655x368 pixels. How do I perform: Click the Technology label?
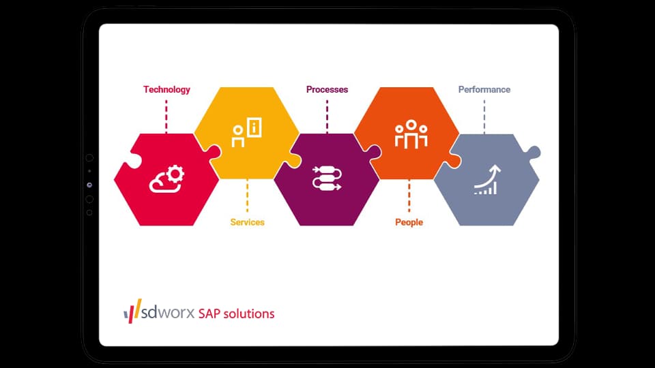click(166, 89)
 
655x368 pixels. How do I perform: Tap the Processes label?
click(327, 89)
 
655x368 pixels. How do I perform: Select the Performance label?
click(484, 89)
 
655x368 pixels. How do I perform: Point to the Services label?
click(247, 222)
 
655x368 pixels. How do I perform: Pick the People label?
click(409, 222)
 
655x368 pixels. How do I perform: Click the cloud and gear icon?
click(167, 179)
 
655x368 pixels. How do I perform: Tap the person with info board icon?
click(246, 132)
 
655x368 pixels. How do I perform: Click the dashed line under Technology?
click(166, 115)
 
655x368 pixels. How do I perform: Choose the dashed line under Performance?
click(484, 116)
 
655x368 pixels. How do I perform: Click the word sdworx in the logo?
click(167, 313)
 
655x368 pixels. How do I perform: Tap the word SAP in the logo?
click(211, 314)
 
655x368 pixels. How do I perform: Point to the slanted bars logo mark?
click(131, 312)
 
